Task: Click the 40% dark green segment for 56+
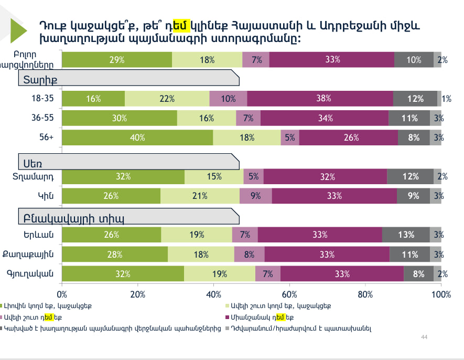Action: [x=137, y=137]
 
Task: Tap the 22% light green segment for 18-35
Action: [x=167, y=98]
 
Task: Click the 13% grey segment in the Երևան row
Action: [x=406, y=235]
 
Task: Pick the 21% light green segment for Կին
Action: [x=200, y=196]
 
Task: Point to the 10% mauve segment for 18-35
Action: [x=228, y=98]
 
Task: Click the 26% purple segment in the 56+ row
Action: [x=348, y=137]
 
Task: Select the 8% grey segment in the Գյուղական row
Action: [x=418, y=273]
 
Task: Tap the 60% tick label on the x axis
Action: [x=289, y=294]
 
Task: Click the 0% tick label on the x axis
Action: [x=62, y=294]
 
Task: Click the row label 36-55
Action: [x=42, y=118]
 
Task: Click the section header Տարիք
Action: [x=40, y=79]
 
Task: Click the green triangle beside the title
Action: [x=19, y=31]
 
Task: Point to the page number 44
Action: [x=425, y=336]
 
